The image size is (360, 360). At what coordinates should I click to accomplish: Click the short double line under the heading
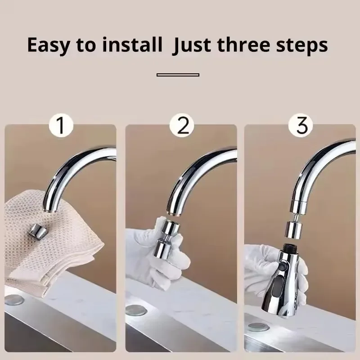pyautogui.click(x=178, y=75)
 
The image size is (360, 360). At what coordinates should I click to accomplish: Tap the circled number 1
pyautogui.click(x=61, y=125)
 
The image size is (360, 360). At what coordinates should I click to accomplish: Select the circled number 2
pyautogui.click(x=183, y=125)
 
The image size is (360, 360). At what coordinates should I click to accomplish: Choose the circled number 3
pyautogui.click(x=302, y=125)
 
